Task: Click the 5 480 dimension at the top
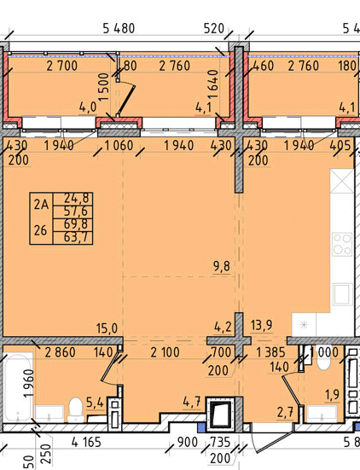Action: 119,28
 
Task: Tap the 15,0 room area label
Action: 107,328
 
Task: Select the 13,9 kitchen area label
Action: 262,325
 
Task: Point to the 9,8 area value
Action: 222,266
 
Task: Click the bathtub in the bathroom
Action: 18,386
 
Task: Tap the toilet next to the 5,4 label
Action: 76,409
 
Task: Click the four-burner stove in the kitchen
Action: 343,244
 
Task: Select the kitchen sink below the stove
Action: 342,294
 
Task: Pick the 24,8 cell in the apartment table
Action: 77,198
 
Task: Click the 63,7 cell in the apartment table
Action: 76,238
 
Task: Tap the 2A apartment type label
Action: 41,205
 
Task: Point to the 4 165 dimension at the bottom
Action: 86,442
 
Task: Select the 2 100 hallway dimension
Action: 165,352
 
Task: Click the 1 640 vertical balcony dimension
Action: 214,84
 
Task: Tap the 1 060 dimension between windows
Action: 119,146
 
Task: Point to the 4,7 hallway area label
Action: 192,402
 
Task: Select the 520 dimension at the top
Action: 214,28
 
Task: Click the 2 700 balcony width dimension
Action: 61,66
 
